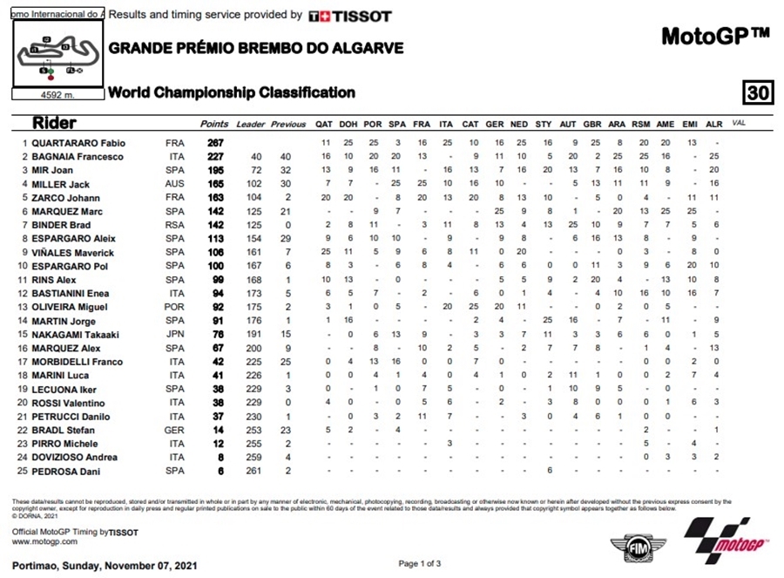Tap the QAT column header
(x=324, y=125)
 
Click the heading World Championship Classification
(x=231, y=92)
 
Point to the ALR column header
(x=714, y=125)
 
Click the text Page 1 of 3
(x=421, y=564)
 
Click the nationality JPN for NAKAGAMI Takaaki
(x=175, y=335)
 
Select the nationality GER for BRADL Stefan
(x=175, y=431)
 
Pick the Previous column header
(x=287, y=125)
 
